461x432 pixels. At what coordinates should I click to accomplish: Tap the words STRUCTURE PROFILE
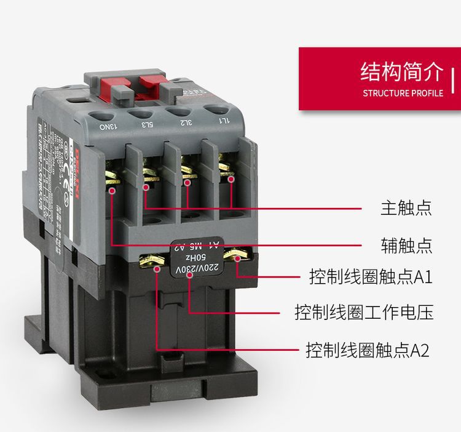coord(403,94)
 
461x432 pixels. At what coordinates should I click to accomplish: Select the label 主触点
coord(406,207)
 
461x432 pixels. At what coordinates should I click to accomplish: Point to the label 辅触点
coord(406,246)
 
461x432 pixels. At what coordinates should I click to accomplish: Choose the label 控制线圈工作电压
coord(364,312)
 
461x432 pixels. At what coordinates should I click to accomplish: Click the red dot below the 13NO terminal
coord(112,191)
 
